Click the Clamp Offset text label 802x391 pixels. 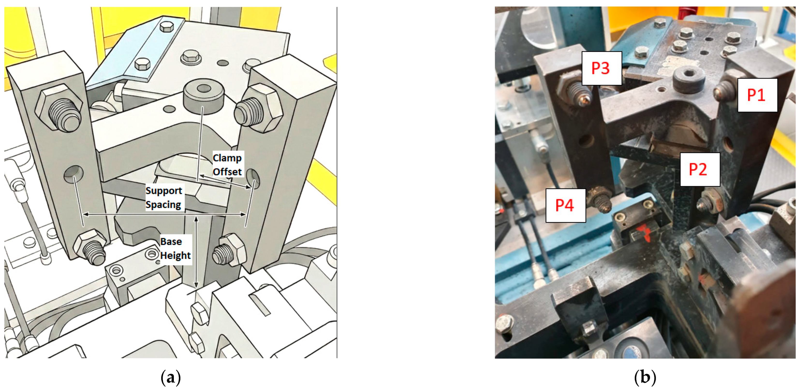[x=227, y=165]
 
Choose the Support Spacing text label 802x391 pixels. [x=163, y=197]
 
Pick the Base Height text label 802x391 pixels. [x=175, y=248]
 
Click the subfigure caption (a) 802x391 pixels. [x=171, y=378]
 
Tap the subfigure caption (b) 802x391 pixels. [x=645, y=378]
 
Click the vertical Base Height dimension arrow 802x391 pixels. [x=196, y=252]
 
